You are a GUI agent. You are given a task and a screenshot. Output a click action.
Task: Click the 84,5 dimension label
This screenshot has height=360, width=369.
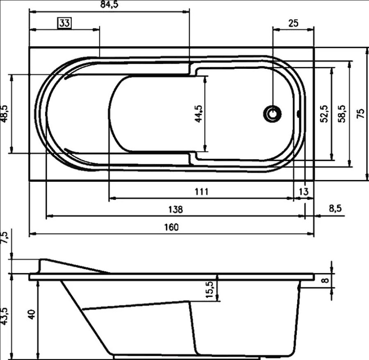pos(109,4)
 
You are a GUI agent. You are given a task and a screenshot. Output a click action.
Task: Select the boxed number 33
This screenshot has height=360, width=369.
pos(64,23)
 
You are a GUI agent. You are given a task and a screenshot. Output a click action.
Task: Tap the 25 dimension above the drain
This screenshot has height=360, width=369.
pos(293,23)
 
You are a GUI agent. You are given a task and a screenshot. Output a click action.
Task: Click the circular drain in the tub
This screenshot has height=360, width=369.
pos(273,114)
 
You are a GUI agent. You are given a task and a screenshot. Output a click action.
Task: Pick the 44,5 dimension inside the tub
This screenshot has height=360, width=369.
pos(199,114)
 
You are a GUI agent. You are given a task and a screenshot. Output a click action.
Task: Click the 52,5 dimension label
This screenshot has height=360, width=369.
pos(324,114)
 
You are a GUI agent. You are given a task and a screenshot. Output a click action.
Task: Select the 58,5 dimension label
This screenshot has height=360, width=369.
pos(342,114)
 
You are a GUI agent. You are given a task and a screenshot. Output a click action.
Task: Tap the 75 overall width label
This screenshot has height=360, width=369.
pos(360,114)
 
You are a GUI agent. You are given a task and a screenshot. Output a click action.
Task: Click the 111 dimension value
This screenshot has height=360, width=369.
pos(202,192)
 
